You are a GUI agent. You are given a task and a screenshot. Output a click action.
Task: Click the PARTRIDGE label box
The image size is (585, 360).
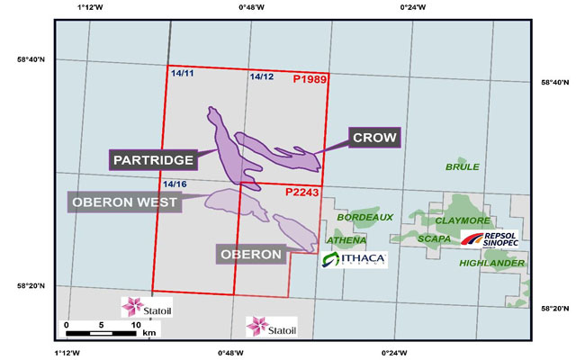(x=153, y=159)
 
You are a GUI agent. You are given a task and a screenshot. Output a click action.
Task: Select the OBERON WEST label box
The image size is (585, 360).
(x=122, y=202)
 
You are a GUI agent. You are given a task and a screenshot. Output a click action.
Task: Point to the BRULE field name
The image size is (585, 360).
(x=463, y=167)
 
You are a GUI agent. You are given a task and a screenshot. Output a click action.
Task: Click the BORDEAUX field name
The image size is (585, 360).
(x=365, y=218)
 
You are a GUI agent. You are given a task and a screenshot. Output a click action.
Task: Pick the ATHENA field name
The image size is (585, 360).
(x=346, y=240)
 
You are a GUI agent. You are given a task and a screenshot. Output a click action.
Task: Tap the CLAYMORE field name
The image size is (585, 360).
(x=462, y=220)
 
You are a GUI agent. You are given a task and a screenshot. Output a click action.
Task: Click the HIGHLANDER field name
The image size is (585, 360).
(x=490, y=263)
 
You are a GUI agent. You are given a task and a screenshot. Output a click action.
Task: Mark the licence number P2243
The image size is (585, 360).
(x=301, y=192)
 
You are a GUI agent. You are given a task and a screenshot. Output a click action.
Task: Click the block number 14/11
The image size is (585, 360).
(x=181, y=71)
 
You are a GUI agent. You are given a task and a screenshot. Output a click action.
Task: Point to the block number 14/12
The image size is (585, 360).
(x=262, y=77)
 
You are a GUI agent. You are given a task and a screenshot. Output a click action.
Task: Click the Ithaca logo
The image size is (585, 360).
(x=354, y=260)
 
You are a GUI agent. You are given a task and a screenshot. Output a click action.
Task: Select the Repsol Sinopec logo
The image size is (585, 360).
(x=486, y=239)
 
